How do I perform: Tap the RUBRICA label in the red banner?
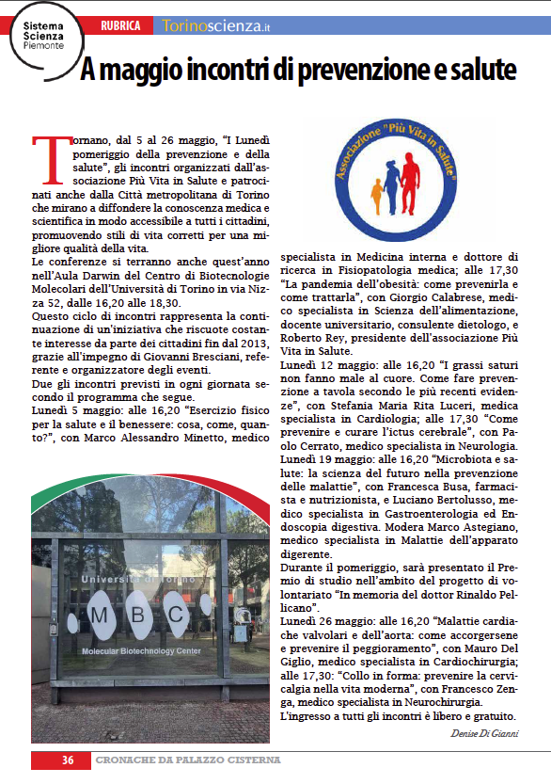coord(122,26)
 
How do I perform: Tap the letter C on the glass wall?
coord(203,615)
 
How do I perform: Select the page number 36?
coord(68,760)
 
